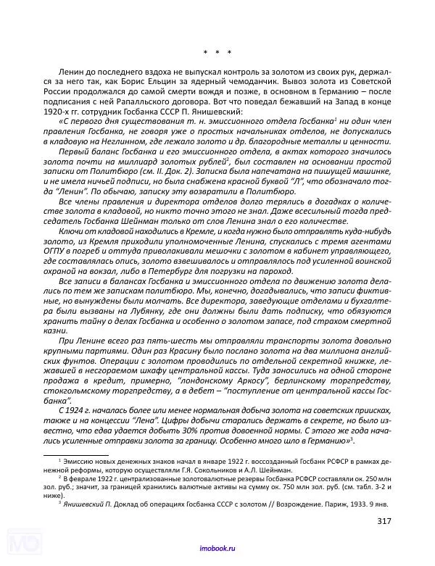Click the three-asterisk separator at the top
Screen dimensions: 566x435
tap(217, 53)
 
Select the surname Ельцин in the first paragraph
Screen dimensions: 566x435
tap(166, 83)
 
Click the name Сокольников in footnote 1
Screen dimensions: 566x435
tap(233, 470)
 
